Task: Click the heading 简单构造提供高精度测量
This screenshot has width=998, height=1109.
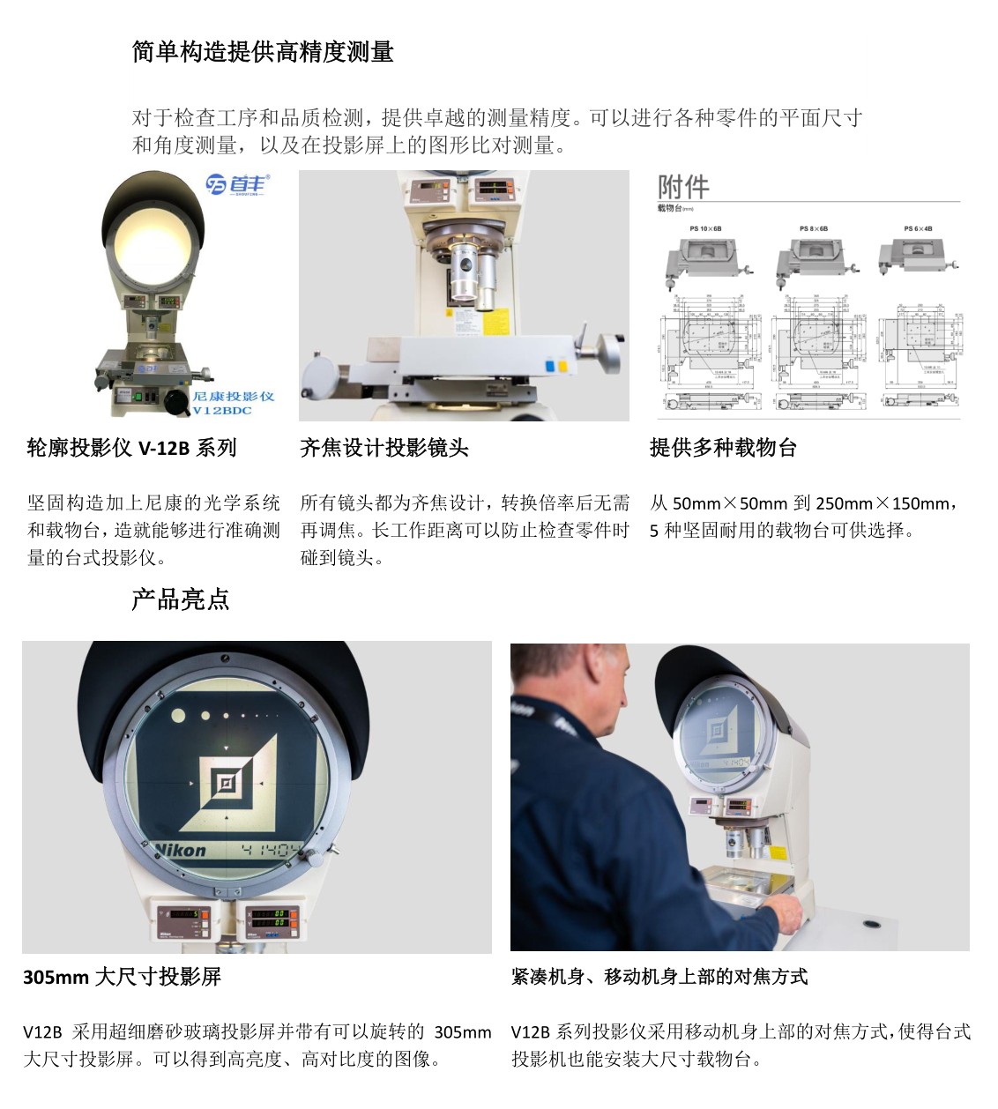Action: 262,52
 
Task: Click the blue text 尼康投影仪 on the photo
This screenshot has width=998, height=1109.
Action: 233,396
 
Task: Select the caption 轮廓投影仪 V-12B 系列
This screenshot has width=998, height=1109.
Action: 132,448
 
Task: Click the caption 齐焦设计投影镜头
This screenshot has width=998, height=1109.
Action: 384,448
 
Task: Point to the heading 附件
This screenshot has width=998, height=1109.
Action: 683,187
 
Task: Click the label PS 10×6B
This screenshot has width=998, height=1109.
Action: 705,229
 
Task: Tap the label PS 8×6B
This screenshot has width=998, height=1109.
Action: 813,229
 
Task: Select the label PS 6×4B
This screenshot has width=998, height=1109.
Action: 918,229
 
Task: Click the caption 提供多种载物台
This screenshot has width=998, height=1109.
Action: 723,448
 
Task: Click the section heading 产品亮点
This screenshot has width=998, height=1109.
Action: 180,600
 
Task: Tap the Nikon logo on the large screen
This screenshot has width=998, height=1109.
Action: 181,851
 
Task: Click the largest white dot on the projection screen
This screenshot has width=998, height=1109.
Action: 179,716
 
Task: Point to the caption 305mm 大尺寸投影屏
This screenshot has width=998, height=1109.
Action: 122,977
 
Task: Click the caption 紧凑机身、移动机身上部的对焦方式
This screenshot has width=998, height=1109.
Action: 659,977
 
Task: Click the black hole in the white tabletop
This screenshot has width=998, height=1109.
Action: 872,925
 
